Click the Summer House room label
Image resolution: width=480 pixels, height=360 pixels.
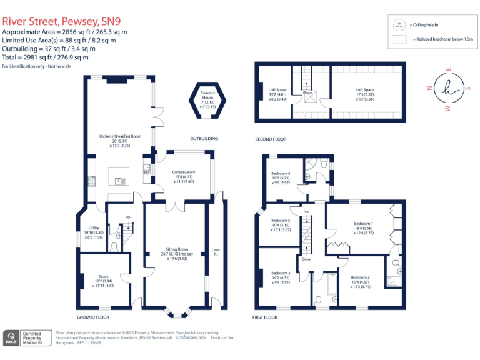coord(207,92)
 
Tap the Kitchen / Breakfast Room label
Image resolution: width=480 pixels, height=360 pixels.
coord(119,136)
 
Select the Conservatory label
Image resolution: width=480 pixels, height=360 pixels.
coord(184,172)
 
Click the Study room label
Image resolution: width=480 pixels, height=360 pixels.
coord(103,277)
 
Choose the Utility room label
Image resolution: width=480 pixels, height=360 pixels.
coord(94,228)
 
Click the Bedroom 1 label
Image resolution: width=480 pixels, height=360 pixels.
coord(363,223)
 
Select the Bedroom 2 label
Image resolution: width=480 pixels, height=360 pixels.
coord(360,277)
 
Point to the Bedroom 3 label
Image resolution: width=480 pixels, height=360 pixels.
coord(281,273)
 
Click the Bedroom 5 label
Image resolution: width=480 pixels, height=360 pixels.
coord(281,221)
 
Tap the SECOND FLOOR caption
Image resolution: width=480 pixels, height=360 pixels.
coord(271,139)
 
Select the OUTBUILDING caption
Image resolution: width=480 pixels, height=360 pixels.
coord(204,138)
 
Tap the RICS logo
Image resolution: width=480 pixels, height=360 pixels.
coord(11,338)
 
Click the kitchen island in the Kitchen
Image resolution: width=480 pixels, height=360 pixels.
coord(119,176)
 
